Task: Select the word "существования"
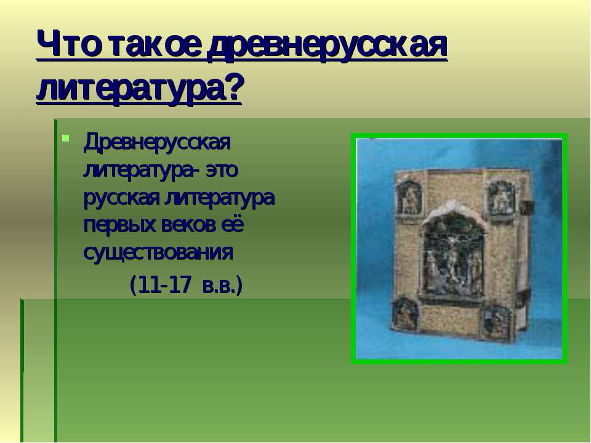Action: coord(158,252)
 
